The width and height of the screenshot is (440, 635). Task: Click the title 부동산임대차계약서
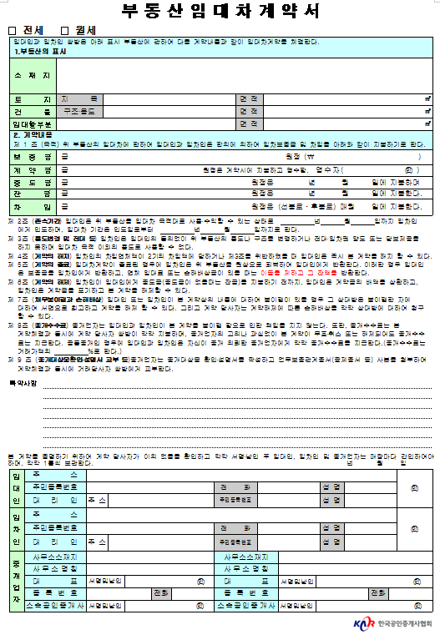221,12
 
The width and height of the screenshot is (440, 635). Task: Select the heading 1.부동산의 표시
41,52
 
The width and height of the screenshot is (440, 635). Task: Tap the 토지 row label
31,98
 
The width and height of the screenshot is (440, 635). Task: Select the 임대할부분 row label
31,123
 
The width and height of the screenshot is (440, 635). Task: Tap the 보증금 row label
31,157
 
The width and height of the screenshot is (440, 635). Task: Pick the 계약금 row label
31,169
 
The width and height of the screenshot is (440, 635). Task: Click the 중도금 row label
31,182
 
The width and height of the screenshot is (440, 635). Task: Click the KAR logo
363,623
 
